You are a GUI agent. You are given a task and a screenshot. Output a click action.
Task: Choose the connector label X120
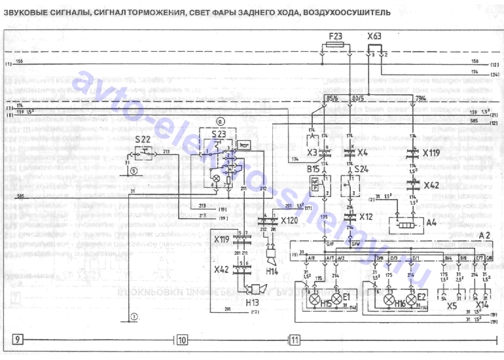point(290,222)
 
